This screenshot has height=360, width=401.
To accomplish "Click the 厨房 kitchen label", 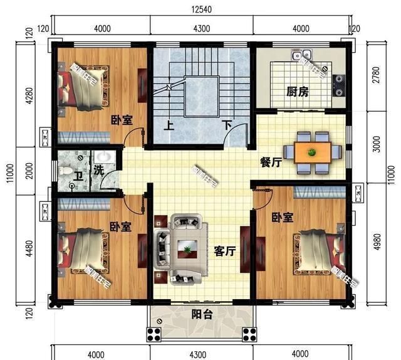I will (x=298, y=92).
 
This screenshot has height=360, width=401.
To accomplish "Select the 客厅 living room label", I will (x=224, y=251).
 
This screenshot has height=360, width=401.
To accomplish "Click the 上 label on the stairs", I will (x=169, y=124).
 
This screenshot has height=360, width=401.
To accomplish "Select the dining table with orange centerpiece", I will (x=312, y=151).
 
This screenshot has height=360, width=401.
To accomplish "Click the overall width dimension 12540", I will (x=200, y=8).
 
